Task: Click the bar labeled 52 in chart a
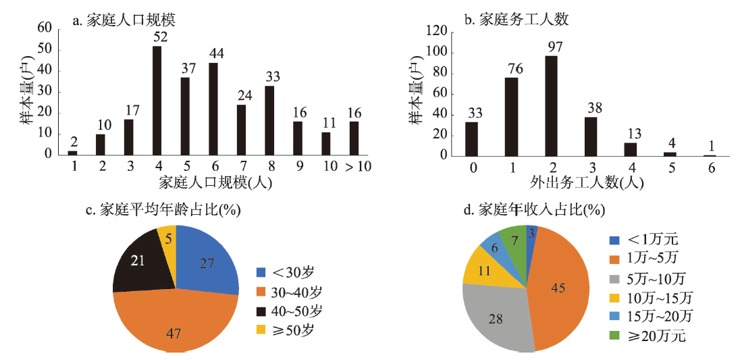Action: coord(157,100)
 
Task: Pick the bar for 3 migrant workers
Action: coord(591,136)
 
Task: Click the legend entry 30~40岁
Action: coord(289,292)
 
